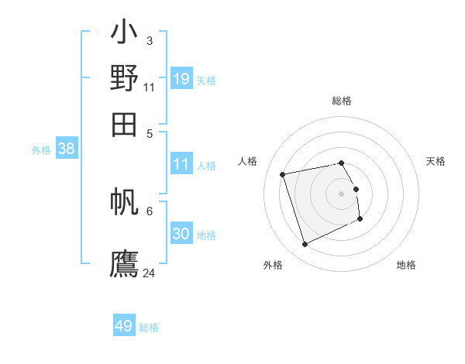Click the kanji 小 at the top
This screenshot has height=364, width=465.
point(124,36)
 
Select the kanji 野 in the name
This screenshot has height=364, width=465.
point(124,78)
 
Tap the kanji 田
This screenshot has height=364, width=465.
point(124,123)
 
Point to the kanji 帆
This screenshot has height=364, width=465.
point(124,204)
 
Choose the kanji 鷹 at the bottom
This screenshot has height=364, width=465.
point(124,263)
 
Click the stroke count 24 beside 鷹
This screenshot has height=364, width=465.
point(149,273)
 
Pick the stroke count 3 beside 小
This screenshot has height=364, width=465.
point(149,40)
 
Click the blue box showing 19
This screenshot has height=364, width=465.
point(181,78)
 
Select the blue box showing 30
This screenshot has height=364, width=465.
point(181,234)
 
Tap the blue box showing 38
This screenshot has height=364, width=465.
point(66,149)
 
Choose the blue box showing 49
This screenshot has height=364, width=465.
point(124,326)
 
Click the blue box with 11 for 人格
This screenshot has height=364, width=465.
point(181,164)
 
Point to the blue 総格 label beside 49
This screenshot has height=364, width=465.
point(149,328)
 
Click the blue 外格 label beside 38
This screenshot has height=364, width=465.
point(41,151)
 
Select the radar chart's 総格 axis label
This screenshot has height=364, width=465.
point(342,101)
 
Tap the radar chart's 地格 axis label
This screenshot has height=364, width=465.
point(406,265)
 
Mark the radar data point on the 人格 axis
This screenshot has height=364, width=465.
point(283,174)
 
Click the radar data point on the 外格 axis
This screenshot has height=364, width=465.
point(305,245)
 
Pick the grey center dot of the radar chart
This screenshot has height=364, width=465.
point(342,194)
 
